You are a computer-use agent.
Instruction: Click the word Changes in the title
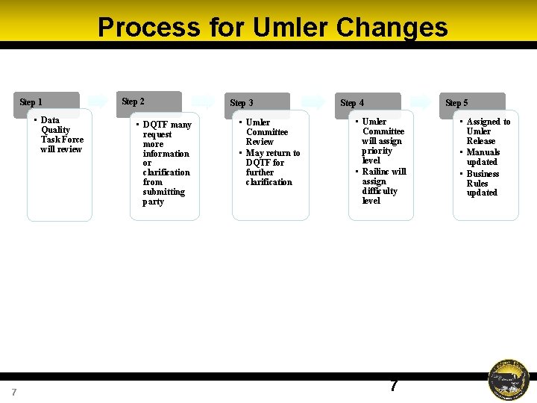tap(392, 28)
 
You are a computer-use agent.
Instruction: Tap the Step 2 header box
tap(152, 102)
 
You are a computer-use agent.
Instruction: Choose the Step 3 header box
tap(260, 104)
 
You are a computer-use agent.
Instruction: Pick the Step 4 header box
tap(369, 104)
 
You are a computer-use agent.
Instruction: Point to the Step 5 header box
tap(474, 104)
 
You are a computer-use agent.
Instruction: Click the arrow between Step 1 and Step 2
tap(98, 101)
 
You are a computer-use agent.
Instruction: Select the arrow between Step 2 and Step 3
tap(203, 101)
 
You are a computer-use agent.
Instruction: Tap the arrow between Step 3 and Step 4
tap(313, 101)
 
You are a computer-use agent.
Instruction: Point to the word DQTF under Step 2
tap(157, 125)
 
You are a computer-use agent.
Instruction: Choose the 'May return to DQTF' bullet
tap(272, 167)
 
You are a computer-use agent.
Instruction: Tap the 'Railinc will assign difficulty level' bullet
tap(382, 186)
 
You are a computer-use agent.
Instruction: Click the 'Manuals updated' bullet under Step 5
tap(483, 157)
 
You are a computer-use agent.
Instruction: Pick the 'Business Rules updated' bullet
tap(483, 183)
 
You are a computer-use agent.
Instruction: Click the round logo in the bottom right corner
tap(509, 380)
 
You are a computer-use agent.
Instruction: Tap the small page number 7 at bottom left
tap(14, 393)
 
